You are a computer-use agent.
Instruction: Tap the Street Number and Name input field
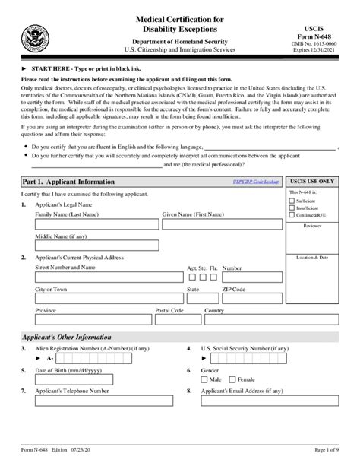coord(107,284)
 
